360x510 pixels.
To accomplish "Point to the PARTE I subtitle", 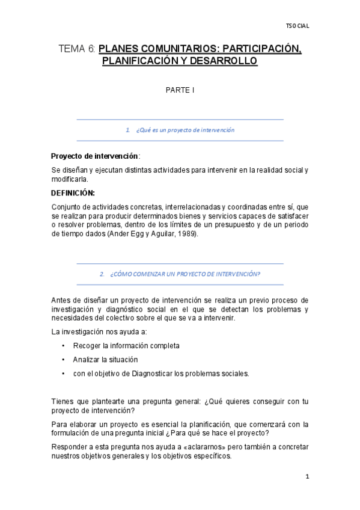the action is (x=180, y=90).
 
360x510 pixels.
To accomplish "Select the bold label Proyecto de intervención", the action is (x=94, y=155).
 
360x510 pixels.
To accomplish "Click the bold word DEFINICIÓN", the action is (x=73, y=193).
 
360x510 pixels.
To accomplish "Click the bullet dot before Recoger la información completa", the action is (x=64, y=346).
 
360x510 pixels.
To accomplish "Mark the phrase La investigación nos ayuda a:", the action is (x=99, y=332).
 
